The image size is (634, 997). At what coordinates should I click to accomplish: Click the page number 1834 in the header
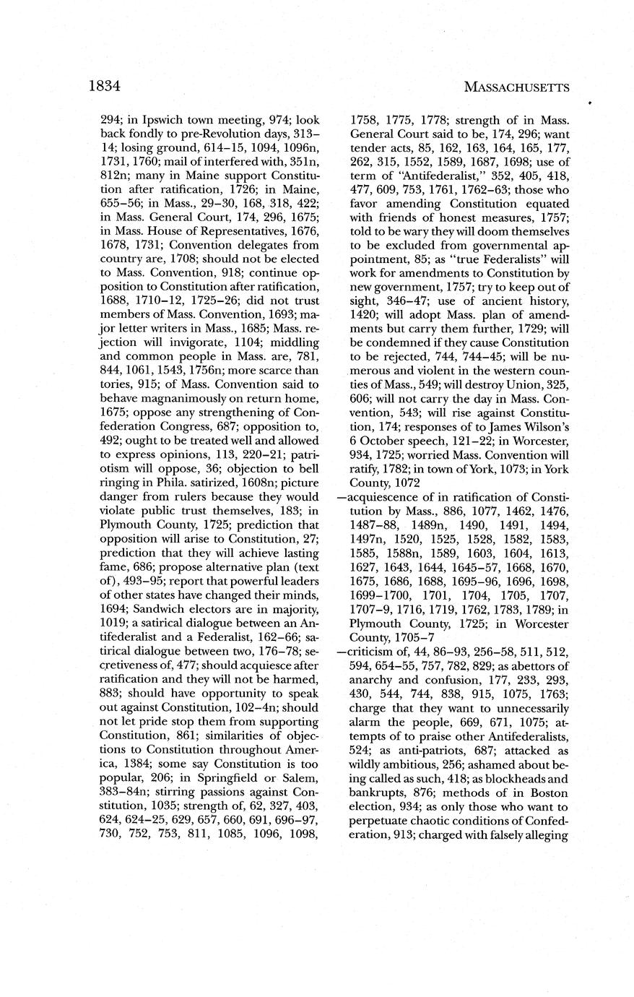(x=103, y=86)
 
